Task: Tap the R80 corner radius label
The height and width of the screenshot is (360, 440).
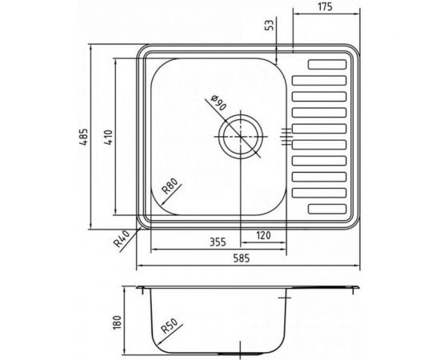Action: tap(170, 189)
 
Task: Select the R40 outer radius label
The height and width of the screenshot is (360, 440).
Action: tap(122, 238)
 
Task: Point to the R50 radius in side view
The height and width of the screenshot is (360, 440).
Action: tap(167, 328)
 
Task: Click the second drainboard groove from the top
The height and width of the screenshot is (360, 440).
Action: tap(320, 80)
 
